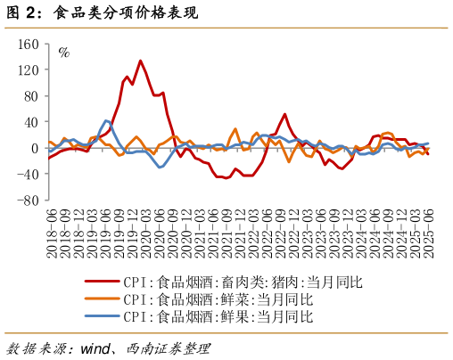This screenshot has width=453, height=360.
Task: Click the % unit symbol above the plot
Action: point(63,52)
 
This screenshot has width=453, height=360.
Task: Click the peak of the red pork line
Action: point(140,61)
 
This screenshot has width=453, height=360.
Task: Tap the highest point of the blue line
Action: point(107,120)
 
